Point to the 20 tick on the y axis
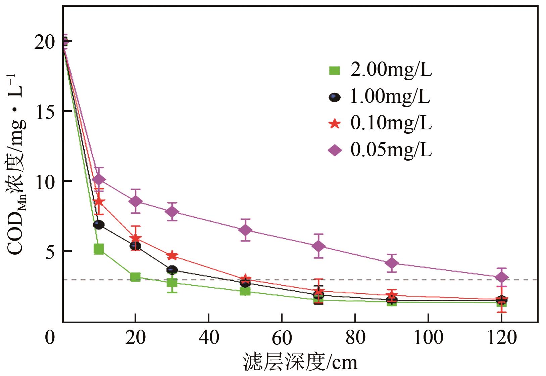coord(46,42)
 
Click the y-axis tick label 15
coord(46,112)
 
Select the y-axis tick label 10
coord(46,182)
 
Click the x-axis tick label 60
coord(282,337)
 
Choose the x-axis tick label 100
coord(428,337)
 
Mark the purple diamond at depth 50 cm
coord(246,230)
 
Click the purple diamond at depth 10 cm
coord(99,180)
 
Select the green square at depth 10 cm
coord(99,249)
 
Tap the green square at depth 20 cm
coord(135,277)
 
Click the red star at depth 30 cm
coord(172,256)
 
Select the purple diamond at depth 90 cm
coord(392,263)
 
